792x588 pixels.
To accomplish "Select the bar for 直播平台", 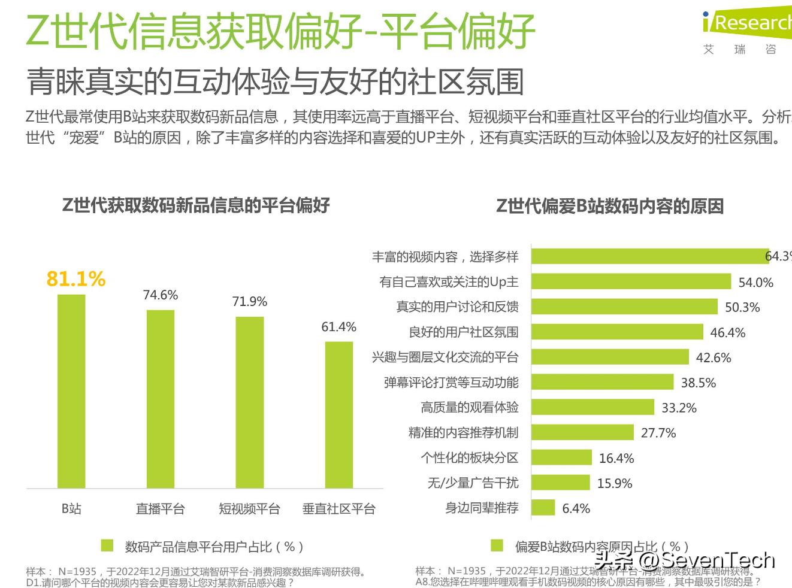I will [161, 399].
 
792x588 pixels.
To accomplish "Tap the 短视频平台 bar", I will [249, 402].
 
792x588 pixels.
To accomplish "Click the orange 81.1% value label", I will [76, 278].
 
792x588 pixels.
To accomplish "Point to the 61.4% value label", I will [338, 327].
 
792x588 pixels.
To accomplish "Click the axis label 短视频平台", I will [249, 509].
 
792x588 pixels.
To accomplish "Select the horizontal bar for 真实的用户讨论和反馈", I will [624, 307].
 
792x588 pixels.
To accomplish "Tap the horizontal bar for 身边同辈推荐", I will [543, 508].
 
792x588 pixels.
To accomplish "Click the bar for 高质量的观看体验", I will [593, 407].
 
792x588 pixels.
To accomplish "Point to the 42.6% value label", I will [714, 357].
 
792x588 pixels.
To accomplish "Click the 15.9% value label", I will [615, 483].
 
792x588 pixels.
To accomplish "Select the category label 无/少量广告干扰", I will [473, 483].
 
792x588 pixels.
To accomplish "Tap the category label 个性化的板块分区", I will [469, 457].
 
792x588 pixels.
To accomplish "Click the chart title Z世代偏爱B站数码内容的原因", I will [610, 206].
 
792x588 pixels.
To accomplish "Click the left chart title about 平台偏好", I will [196, 205].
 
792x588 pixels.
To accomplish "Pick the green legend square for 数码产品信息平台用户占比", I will [107, 545].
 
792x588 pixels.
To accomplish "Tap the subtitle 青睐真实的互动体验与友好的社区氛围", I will [275, 82].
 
